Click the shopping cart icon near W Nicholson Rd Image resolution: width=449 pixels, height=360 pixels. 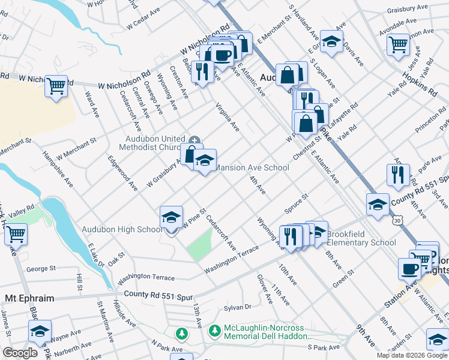[56, 85]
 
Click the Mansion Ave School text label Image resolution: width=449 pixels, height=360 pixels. [252, 168]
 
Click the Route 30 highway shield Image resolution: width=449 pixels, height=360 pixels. [398, 221]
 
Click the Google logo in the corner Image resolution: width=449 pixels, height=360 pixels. [20, 353]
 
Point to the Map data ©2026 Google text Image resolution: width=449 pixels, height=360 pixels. [412, 355]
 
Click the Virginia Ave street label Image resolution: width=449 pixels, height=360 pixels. [228, 118]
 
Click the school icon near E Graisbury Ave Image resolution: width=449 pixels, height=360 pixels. [331, 41]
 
